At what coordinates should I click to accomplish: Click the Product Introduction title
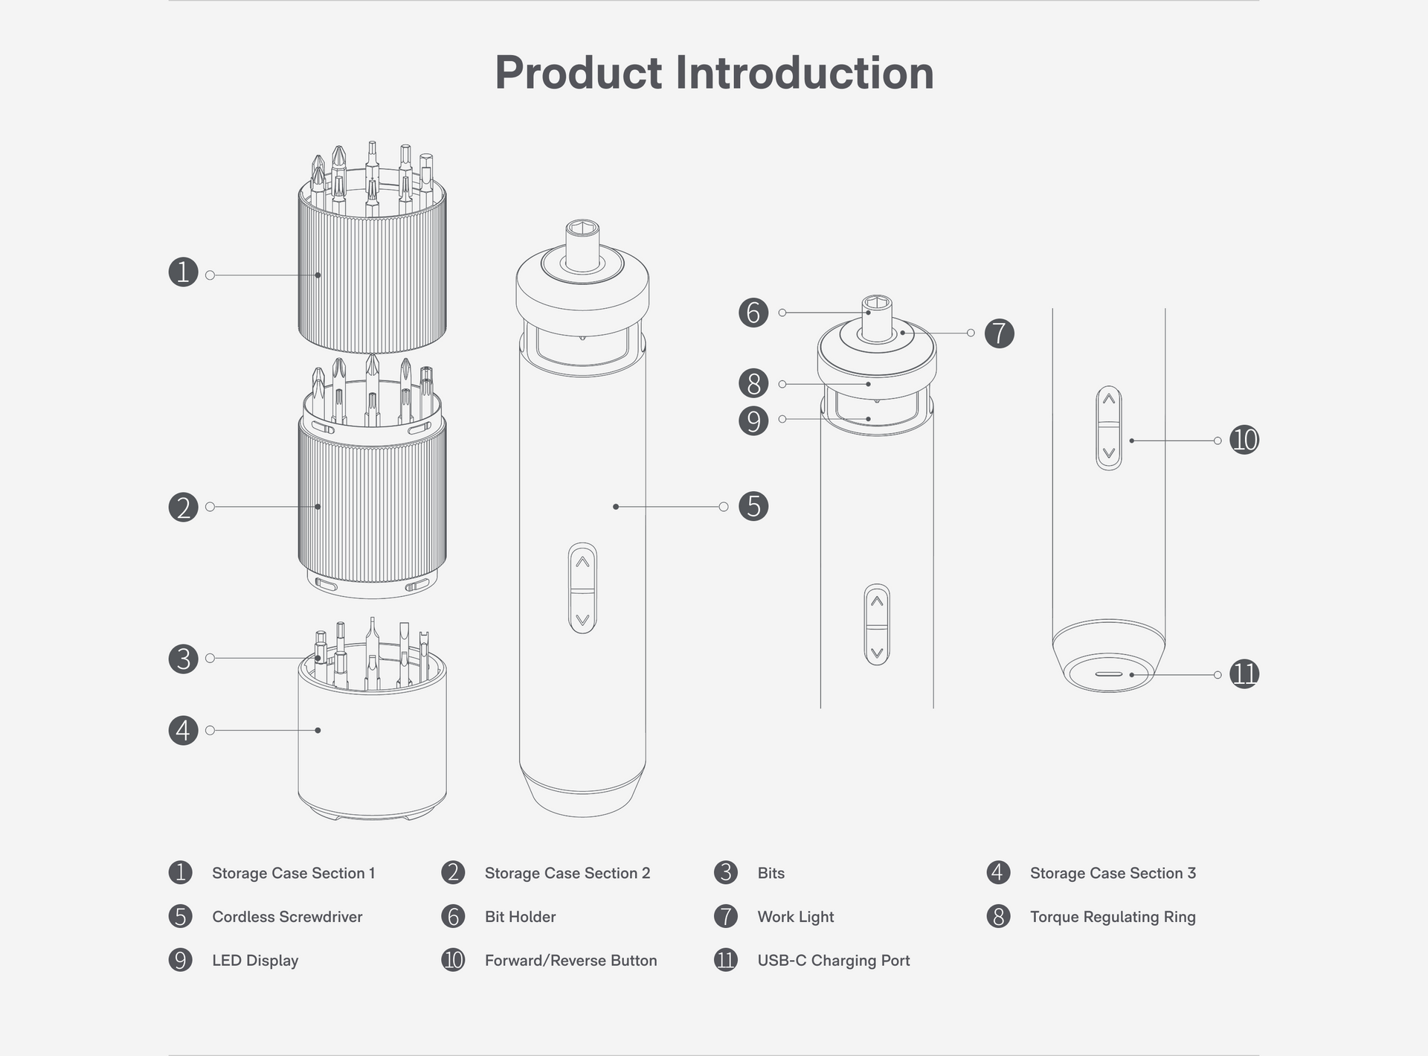tap(714, 73)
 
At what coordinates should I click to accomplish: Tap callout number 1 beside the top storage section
tap(183, 272)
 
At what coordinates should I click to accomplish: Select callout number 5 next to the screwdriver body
tap(753, 507)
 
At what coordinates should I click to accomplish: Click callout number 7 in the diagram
tap(1000, 333)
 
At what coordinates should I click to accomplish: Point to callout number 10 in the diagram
tap(1244, 440)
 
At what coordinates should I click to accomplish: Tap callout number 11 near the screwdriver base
tap(1244, 674)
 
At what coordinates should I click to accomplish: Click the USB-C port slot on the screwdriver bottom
tap(1108, 674)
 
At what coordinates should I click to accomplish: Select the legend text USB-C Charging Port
tap(833, 961)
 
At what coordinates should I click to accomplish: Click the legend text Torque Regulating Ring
tap(1112, 917)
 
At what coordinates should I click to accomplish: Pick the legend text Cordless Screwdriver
tap(287, 917)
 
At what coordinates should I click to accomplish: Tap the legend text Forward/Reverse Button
tap(570, 961)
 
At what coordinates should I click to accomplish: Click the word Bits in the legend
tap(771, 873)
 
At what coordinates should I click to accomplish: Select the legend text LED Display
tap(255, 961)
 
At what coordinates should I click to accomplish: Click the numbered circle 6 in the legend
tap(453, 917)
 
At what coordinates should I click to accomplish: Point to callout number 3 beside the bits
tap(183, 659)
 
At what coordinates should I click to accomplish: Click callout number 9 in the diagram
tap(753, 420)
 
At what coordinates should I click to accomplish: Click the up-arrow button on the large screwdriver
tap(582, 564)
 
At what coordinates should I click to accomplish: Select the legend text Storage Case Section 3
tap(1112, 873)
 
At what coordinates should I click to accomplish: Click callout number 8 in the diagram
tap(753, 384)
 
